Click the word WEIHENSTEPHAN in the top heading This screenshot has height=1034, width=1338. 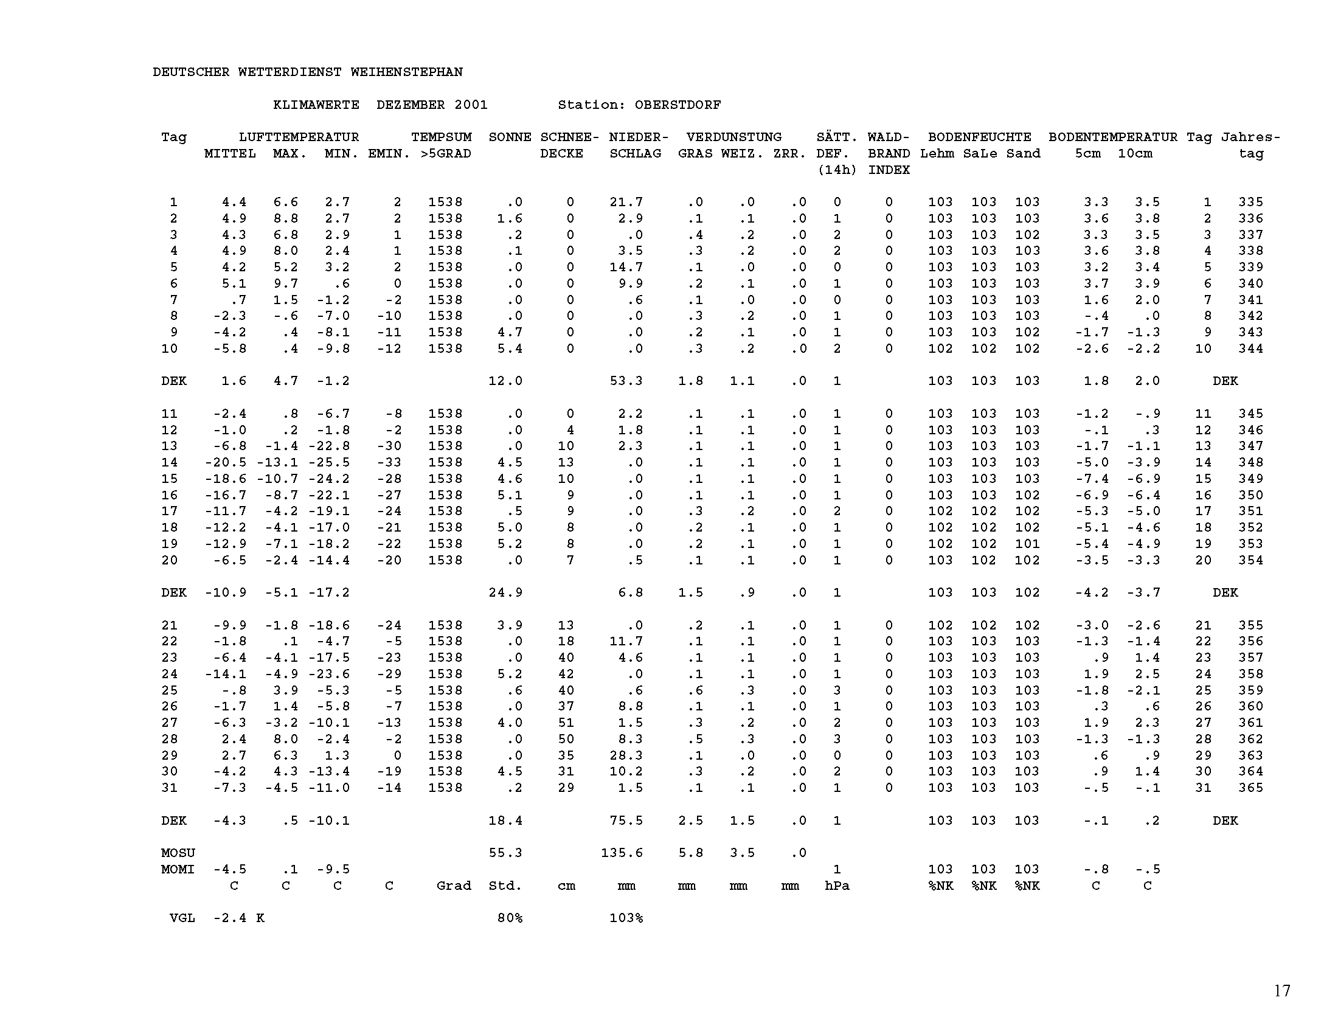[x=406, y=72]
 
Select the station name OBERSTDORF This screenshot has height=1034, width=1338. [x=678, y=105]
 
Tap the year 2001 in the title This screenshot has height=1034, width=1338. [x=471, y=105]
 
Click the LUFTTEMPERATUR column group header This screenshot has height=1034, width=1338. [x=299, y=137]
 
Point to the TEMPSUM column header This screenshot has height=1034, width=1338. [x=441, y=137]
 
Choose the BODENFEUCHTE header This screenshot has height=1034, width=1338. [x=979, y=137]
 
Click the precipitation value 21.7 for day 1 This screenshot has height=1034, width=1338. [x=626, y=202]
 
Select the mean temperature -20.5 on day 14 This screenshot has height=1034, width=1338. [x=226, y=462]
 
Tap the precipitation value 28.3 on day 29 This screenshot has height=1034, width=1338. [x=626, y=755]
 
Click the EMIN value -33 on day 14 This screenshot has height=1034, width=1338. [x=389, y=462]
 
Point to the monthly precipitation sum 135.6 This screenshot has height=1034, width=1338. [x=622, y=853]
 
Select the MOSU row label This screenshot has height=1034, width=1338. [x=178, y=853]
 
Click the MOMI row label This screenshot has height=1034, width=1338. [x=178, y=869]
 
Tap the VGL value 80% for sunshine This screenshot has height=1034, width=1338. [x=510, y=918]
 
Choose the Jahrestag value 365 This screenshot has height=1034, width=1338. [x=1250, y=788]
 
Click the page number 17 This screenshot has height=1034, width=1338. [x=1282, y=990]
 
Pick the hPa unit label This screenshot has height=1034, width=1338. [x=837, y=886]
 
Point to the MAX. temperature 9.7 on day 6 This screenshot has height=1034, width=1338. [x=285, y=283]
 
